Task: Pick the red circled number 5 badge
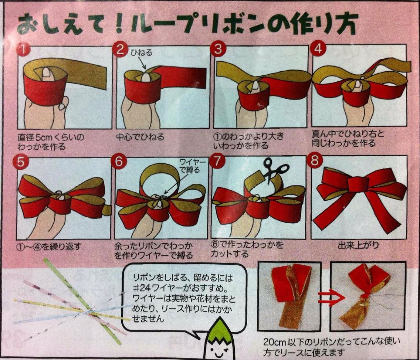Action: [20, 162]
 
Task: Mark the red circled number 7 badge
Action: [217, 161]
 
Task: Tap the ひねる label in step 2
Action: [142, 52]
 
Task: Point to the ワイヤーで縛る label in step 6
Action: [192, 166]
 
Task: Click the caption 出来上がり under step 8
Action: [358, 245]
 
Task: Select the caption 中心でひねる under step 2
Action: [140, 137]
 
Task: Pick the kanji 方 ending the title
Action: [346, 24]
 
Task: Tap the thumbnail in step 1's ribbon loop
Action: [47, 74]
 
